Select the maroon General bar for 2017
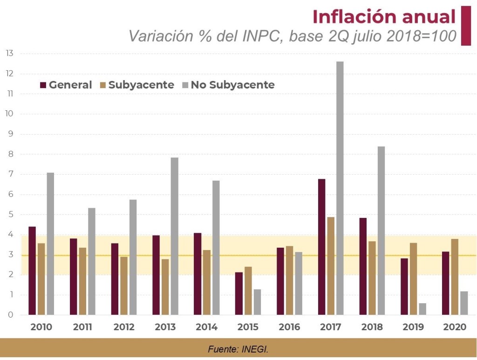coord(321,247)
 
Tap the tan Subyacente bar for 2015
coord(248,291)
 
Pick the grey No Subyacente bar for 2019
coord(422,309)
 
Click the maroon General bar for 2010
coord(32,271)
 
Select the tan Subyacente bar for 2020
coord(455,277)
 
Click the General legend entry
coord(66,85)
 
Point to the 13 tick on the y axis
coord(9,54)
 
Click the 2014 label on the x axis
coord(206,327)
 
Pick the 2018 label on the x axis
coord(372,327)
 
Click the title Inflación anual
coord(384,17)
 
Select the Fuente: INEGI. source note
coord(238,349)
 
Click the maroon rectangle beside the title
coord(466,26)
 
